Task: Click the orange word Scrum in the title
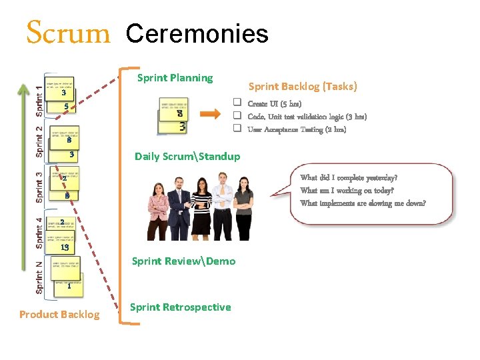[67, 32]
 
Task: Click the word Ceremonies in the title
[197, 33]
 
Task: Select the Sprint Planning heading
[175, 78]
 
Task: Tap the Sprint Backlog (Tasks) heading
[303, 86]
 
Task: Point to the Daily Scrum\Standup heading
[187, 157]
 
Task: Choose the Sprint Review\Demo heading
[184, 261]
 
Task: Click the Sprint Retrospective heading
[181, 307]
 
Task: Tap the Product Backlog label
[59, 315]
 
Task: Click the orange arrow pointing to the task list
[209, 113]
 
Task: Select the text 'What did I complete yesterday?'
[349, 178]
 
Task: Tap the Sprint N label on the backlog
[39, 277]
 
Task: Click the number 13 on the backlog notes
[64, 247]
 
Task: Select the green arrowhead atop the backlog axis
[25, 89]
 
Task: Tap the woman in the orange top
[244, 203]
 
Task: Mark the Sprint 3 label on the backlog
[39, 187]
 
